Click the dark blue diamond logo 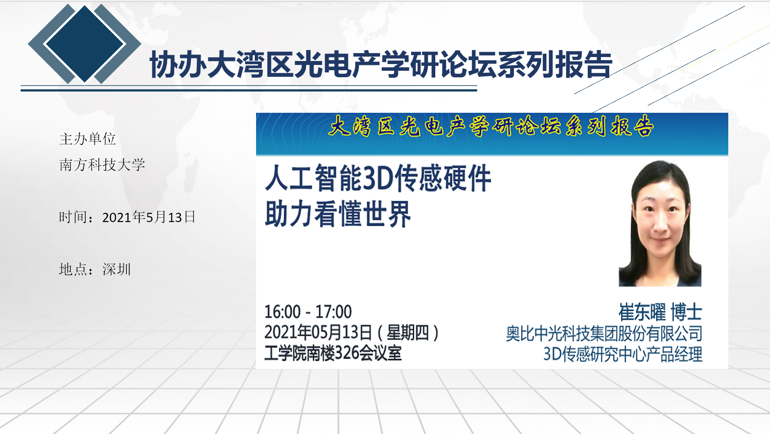coord(85,43)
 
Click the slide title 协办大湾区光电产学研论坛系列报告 coord(381,65)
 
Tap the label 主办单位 coord(87,139)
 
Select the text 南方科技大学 coord(102,165)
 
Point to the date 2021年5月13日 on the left coord(149,217)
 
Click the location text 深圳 coord(116,269)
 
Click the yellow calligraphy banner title coord(491,126)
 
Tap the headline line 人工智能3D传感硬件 coord(378,179)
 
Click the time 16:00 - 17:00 coord(308,312)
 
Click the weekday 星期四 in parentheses coord(408,333)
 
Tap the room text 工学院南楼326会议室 coord(333,353)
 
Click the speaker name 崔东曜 coord(642,312)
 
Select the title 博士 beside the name coord(687,312)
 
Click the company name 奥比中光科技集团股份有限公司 coord(604,334)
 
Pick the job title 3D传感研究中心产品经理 coord(623,354)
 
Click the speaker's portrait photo coord(660,223)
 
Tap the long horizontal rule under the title coord(249,90)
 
